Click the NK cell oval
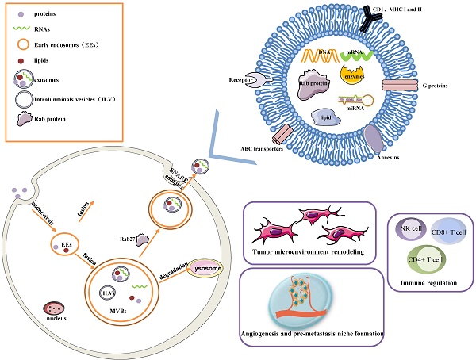[x=413, y=229]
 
